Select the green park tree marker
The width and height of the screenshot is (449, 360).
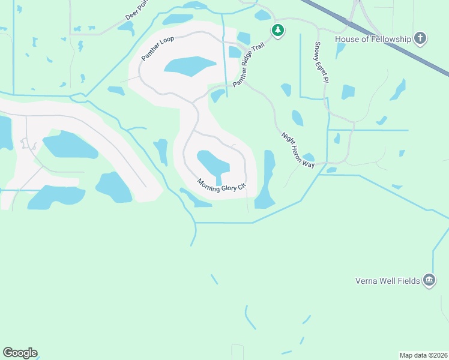[277, 30]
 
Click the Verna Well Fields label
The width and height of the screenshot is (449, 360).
[387, 280]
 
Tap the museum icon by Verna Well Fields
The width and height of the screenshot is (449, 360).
[429, 280]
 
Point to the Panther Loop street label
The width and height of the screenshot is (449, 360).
[157, 48]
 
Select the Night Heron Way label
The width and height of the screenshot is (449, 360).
[298, 150]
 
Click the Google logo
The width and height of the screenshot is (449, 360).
[20, 353]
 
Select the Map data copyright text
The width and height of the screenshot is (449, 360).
[423, 355]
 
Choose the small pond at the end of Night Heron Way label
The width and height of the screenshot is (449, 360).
[309, 157]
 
